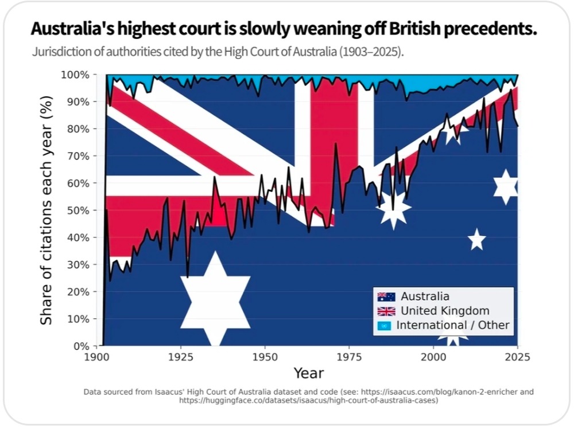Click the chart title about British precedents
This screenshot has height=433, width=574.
[x=284, y=30]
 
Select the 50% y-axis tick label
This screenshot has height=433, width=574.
[x=80, y=210]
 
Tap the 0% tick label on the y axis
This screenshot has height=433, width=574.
[x=83, y=346]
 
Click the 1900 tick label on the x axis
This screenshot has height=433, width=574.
[x=95, y=357]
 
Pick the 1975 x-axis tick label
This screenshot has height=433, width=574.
[x=349, y=357]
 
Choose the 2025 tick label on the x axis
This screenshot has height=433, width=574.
[x=518, y=357]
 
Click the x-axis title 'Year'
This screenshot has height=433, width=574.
[x=309, y=373]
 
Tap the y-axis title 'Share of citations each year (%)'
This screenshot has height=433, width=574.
[x=46, y=210]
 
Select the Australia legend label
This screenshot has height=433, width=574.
[x=425, y=297]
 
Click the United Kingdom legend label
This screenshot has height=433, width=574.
[x=445, y=311]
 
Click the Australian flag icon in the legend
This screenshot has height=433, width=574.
[x=386, y=297]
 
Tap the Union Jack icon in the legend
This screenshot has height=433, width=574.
[x=386, y=311]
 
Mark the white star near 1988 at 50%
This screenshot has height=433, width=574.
[x=394, y=210]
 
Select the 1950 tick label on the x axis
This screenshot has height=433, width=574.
[x=265, y=357]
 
